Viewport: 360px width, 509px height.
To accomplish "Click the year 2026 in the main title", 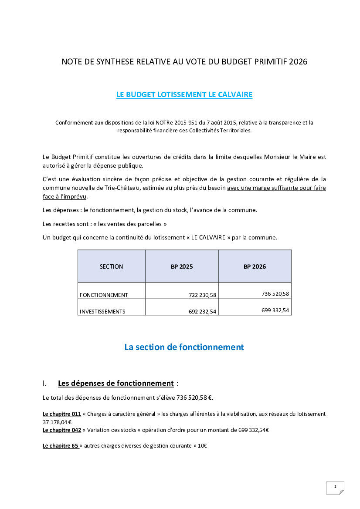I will click(298, 62).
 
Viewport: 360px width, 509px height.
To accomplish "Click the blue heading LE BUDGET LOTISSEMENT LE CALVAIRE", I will click(184, 94).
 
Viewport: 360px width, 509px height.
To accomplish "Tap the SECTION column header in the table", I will click(111, 266).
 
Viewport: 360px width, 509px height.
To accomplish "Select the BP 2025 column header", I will click(182, 266).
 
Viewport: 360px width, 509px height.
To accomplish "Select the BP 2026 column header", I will click(255, 266).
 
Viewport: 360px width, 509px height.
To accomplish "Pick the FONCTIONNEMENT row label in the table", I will click(104, 295).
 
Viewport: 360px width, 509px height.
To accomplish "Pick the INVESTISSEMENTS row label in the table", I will click(102, 311).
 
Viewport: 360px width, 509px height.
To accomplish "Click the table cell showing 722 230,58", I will click(202, 295).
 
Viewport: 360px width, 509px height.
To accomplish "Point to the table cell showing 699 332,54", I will click(275, 310).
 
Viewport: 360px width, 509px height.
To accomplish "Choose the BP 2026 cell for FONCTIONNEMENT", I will click(275, 294).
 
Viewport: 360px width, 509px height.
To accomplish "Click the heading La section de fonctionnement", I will click(184, 347).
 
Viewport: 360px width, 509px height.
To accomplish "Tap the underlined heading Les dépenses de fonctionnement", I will click(115, 384).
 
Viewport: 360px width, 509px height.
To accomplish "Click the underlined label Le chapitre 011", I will click(62, 414).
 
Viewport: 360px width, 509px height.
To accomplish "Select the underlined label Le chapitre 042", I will click(62, 430).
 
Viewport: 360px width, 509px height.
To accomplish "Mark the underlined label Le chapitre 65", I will click(60, 446).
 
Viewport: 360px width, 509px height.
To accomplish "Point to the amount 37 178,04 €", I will click(57, 422).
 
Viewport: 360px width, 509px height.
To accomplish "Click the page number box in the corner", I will click(335, 487).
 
